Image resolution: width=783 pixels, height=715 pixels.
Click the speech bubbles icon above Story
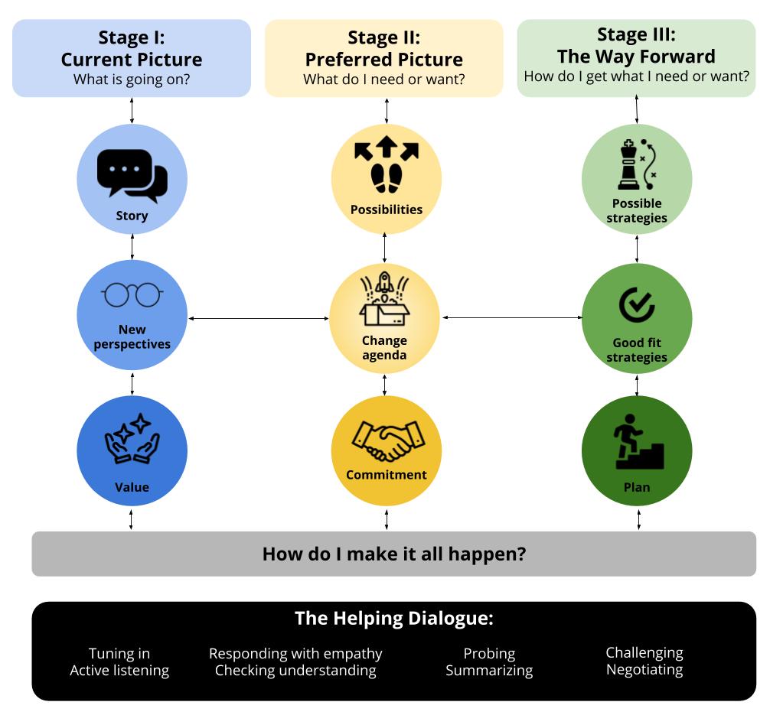132,175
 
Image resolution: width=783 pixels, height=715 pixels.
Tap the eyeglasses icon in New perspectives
132,295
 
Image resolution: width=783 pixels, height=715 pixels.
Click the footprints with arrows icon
386,164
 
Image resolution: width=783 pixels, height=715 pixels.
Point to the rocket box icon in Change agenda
384,299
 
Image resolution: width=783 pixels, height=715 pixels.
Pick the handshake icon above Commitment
387,441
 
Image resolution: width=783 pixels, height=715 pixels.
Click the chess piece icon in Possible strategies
637,164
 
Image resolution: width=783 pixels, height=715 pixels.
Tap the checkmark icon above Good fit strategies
636,305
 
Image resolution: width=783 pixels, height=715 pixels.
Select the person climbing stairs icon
638,441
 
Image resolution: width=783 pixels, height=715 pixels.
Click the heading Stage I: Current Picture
132,49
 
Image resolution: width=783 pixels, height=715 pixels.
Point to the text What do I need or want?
383,80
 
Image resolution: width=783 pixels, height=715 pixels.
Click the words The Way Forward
636,57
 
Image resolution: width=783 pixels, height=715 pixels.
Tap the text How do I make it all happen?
393,554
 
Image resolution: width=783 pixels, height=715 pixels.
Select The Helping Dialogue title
393,618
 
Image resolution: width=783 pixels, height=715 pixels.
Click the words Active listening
119,671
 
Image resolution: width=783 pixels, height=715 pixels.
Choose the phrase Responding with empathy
295,654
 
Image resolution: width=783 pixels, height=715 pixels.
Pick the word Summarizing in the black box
489,671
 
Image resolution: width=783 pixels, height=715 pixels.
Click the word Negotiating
644,669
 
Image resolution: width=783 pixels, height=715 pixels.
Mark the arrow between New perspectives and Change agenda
258,317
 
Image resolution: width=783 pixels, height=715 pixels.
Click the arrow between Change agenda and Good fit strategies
511,317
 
